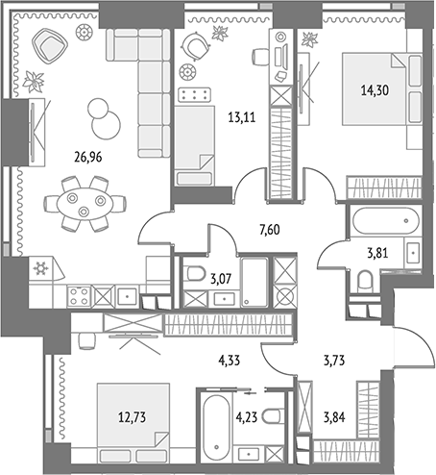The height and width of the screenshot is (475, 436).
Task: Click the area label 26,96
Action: (87, 158)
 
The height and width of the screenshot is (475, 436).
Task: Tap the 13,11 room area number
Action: (242, 118)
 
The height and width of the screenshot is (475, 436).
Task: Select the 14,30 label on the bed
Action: (375, 90)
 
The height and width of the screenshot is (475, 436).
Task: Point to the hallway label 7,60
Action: (269, 230)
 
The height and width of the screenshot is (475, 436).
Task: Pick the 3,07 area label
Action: (221, 279)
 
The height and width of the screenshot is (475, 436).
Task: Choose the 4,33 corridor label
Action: (230, 361)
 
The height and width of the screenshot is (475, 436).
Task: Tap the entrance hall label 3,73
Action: (334, 361)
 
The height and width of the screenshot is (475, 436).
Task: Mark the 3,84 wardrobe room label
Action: (334, 417)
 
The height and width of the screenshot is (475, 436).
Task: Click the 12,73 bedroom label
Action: (132, 417)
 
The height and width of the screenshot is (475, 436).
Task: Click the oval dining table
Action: (85, 204)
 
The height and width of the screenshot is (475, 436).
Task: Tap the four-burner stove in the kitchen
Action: (79, 296)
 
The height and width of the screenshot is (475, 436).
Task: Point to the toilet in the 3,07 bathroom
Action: (196, 273)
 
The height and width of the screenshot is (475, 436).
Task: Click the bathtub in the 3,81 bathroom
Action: (386, 221)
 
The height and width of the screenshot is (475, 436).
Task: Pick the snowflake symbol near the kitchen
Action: (40, 268)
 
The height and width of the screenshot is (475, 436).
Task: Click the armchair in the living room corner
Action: (50, 45)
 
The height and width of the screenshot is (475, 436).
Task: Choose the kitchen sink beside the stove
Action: (128, 296)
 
